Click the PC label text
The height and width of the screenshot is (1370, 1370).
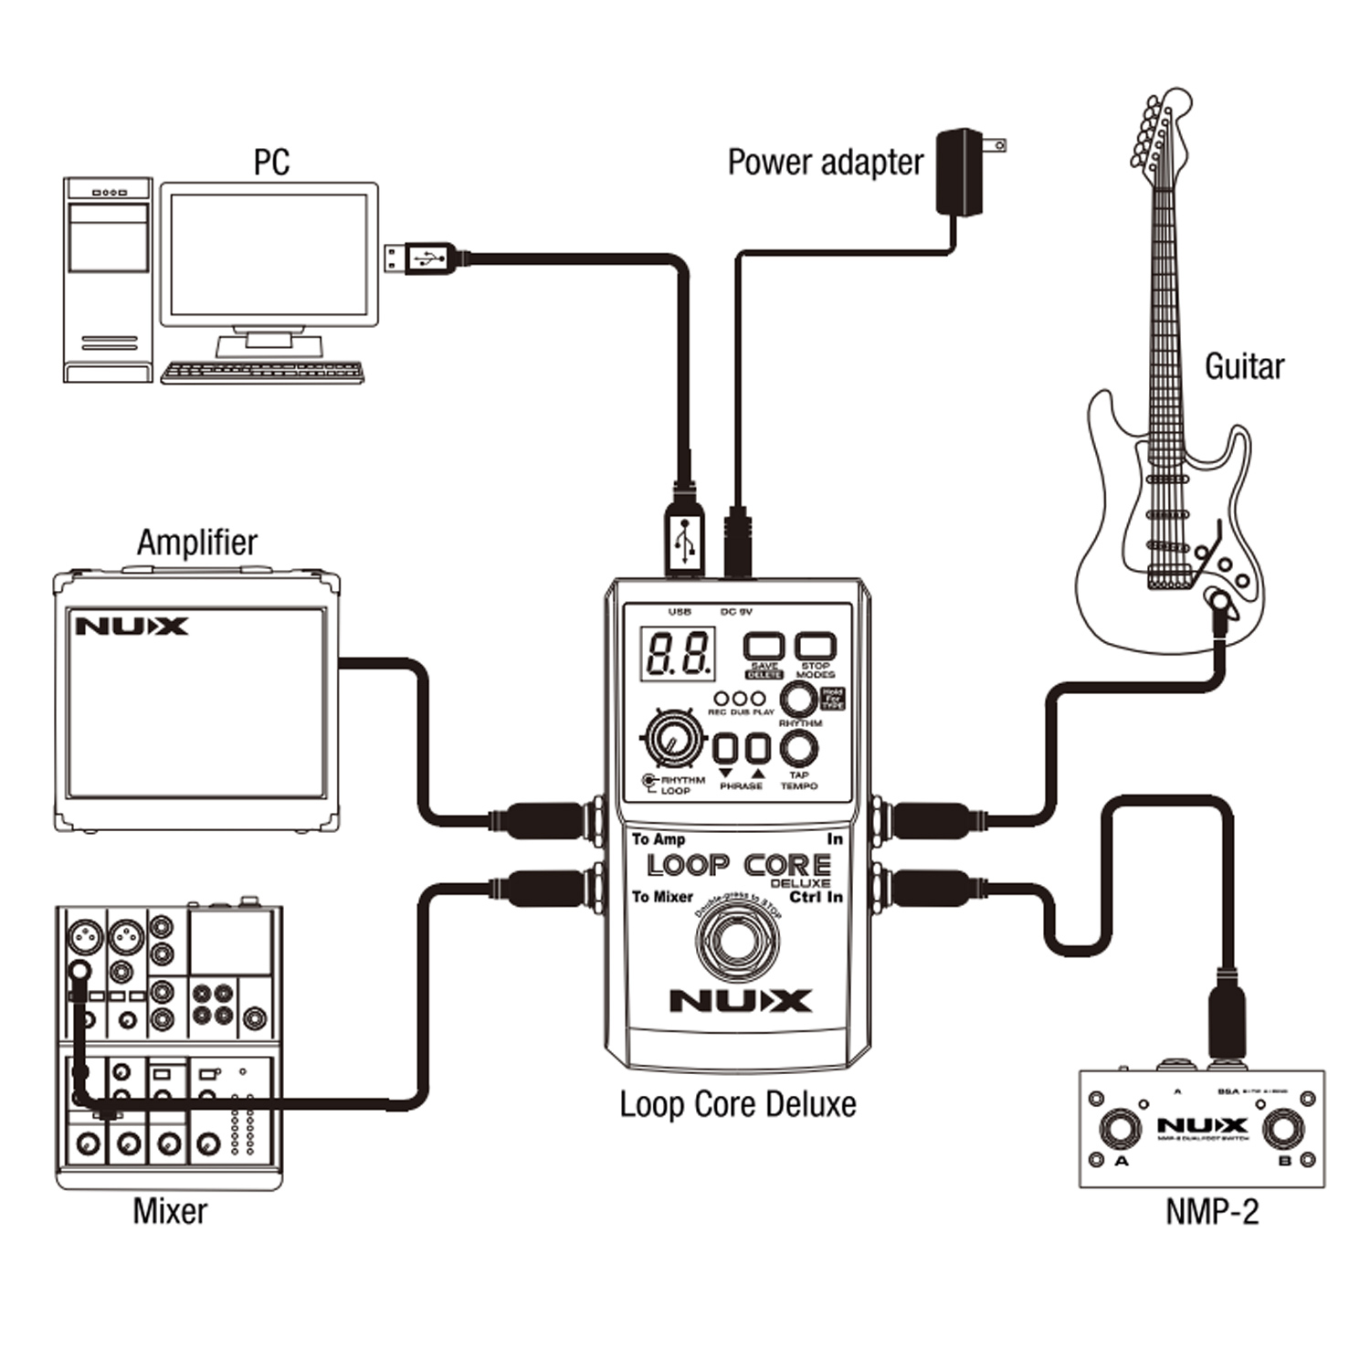[271, 163]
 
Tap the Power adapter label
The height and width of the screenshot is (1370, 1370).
[825, 163]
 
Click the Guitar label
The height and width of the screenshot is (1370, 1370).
[1244, 366]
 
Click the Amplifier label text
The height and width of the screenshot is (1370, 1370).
[197, 542]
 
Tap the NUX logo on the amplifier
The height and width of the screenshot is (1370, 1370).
[132, 627]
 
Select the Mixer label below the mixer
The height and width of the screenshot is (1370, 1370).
[170, 1211]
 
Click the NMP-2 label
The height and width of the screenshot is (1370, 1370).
[1212, 1211]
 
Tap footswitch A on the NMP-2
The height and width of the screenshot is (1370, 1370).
[1120, 1129]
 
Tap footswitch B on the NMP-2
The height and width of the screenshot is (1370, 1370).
[1282, 1130]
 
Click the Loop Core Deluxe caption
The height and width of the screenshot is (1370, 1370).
[738, 1104]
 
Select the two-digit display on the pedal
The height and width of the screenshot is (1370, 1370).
[678, 653]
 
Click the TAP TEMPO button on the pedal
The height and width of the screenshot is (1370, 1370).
[799, 749]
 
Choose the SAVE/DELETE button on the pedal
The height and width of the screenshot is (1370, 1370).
[764, 647]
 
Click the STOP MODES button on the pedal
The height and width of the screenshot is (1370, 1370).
[815, 647]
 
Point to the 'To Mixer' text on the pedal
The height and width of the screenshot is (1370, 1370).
[662, 897]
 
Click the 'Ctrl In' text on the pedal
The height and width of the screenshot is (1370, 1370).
[816, 897]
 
